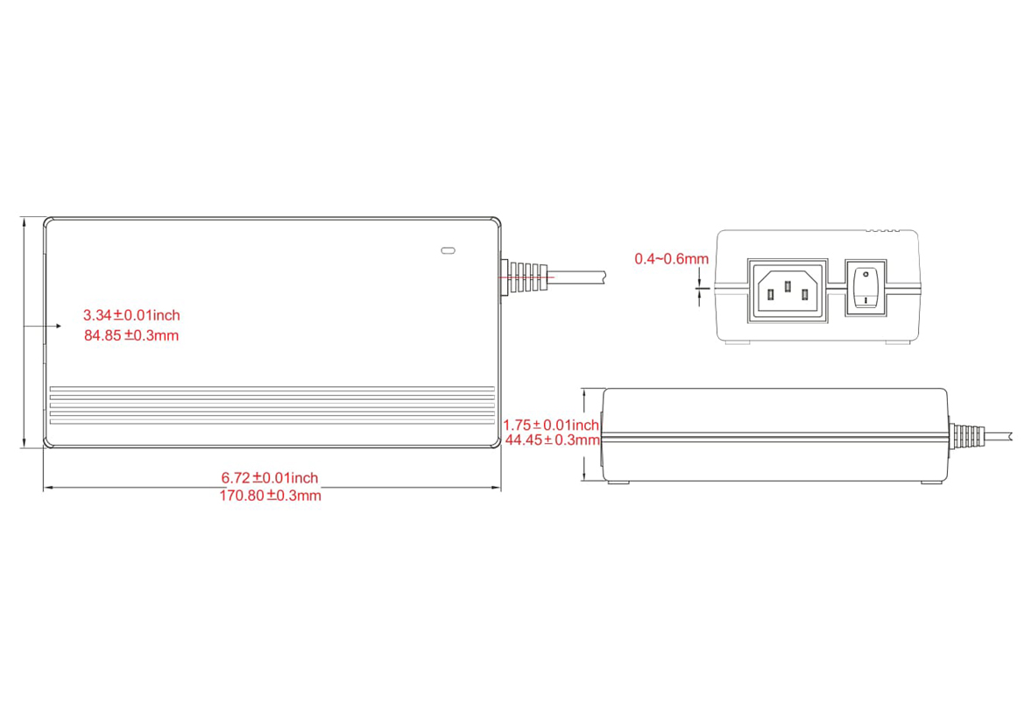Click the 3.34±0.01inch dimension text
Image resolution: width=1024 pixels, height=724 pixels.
pos(131,314)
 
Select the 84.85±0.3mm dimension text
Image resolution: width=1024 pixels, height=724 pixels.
pos(131,334)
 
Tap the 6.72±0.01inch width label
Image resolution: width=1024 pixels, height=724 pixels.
pos(270,478)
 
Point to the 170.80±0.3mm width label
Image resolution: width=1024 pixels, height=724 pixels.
pos(270,496)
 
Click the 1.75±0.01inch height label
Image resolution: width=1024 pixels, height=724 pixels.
pos(551,425)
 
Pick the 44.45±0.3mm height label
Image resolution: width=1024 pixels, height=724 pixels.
pos(553,439)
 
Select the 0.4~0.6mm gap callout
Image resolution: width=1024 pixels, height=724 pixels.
pos(672,258)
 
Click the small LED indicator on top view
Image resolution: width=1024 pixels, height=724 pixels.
pos(448,251)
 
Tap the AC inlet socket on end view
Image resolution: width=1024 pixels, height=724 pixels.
pos(787,290)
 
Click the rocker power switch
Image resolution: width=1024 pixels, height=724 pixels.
pos(866,288)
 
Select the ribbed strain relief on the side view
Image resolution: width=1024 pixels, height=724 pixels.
pos(965,436)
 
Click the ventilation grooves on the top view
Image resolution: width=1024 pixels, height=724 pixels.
pos(272,404)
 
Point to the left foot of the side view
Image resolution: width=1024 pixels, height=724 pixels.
pos(618,481)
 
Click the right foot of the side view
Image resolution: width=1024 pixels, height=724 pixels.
pos(930,481)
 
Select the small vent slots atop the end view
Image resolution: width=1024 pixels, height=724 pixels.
pos(883,231)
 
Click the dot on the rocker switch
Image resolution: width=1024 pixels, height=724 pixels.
pos(866,275)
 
